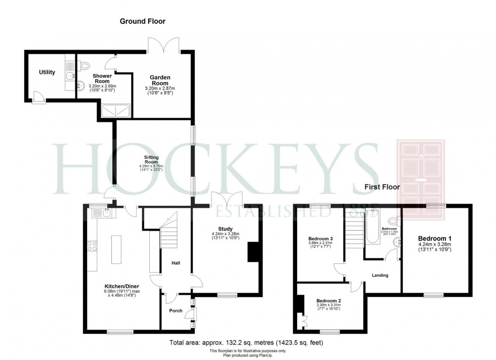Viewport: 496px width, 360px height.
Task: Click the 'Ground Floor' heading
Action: coord(142,21)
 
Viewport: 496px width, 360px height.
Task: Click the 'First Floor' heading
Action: coord(382,187)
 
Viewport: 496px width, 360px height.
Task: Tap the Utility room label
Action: coord(47,72)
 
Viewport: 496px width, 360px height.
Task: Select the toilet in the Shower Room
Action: coord(85,65)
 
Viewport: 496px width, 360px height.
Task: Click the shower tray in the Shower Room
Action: coord(116,111)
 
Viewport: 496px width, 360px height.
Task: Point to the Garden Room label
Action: coord(159,81)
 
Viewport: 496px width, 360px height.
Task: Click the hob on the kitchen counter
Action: coord(93,246)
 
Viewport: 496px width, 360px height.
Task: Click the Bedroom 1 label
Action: coord(434,238)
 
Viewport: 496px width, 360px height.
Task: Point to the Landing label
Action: coord(380,276)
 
